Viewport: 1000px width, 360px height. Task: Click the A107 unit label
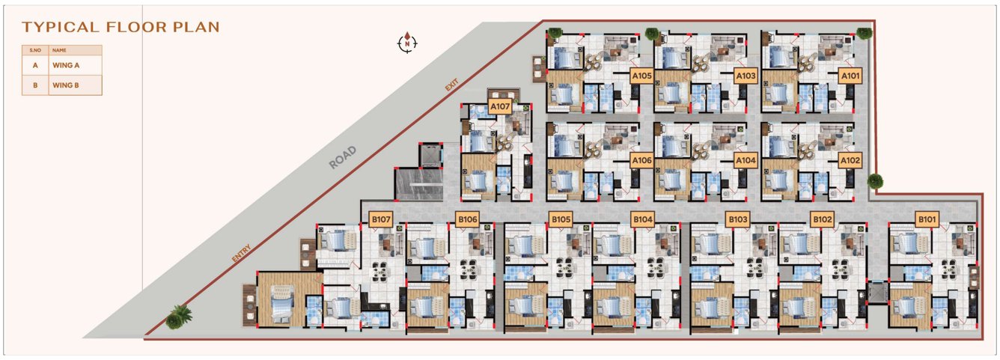tap(500, 107)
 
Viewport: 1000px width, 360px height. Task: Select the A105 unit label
tap(642, 76)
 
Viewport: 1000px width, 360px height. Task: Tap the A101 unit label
tap(850, 76)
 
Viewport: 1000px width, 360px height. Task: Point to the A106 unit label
tap(642, 160)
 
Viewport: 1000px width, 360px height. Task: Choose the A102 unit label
tap(850, 160)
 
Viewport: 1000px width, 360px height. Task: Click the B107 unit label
tap(381, 219)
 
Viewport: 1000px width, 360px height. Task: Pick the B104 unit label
tap(643, 219)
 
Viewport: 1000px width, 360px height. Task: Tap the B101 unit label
tap(927, 219)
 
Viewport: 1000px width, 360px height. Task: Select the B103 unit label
tap(737, 219)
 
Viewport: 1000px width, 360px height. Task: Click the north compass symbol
tap(406, 43)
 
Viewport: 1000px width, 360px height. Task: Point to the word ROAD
tap(341, 157)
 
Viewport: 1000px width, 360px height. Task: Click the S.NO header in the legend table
tap(34, 50)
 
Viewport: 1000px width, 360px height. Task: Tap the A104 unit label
tap(746, 160)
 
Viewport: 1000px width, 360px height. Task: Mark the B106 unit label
tap(467, 219)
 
